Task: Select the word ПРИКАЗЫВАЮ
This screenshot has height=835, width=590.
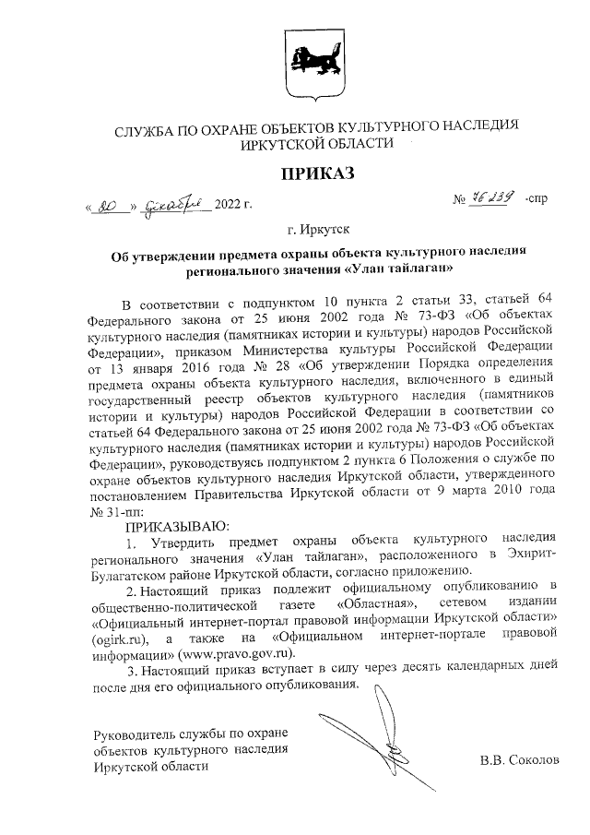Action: click(x=162, y=523)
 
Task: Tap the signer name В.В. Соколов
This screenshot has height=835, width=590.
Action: click(x=519, y=761)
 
